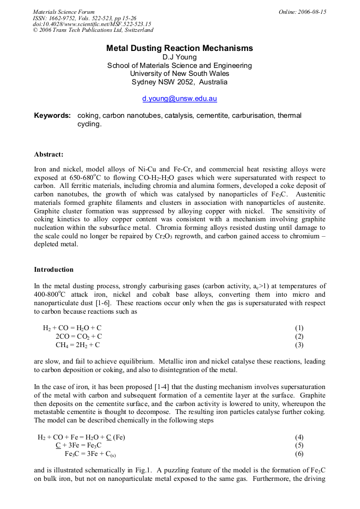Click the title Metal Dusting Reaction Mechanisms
[179, 48]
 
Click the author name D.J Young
[179, 57]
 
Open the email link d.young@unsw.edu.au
[179, 99]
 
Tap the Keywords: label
[52, 116]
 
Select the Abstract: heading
[49, 154]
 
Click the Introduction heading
[54, 270]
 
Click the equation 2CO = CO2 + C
[79, 337]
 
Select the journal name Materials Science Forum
[64, 12]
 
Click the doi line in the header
[92, 24]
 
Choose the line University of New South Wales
[179, 74]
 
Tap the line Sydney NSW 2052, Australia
[179, 82]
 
